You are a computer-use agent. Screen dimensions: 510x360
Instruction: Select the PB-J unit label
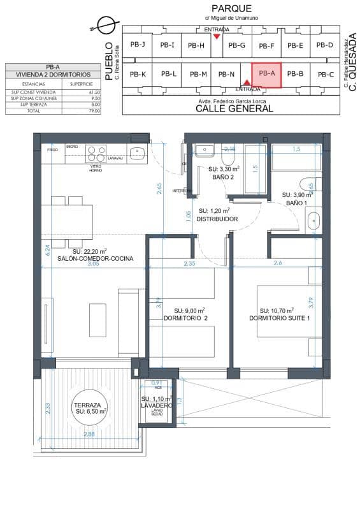pyautogui.click(x=138, y=45)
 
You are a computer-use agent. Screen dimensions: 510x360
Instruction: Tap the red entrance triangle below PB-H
pyautogui.click(x=217, y=37)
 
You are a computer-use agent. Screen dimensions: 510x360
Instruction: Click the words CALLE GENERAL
pyautogui.click(x=234, y=109)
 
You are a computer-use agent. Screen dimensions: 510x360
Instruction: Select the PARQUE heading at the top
pyautogui.click(x=232, y=8)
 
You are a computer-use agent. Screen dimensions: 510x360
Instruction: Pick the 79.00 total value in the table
pyautogui.click(x=94, y=111)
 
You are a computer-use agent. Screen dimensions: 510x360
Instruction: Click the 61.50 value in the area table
pyautogui.click(x=94, y=92)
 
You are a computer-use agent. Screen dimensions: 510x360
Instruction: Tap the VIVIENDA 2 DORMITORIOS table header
pyautogui.click(x=54, y=75)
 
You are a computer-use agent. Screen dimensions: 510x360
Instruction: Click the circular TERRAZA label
pyautogui.click(x=89, y=409)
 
